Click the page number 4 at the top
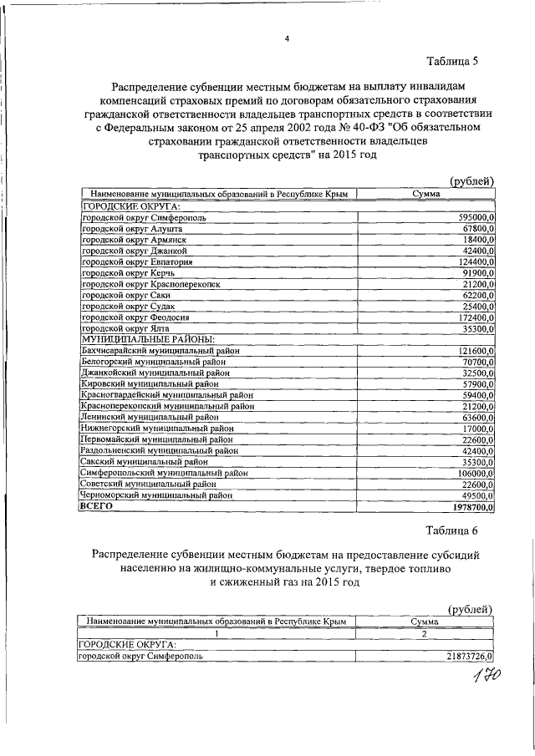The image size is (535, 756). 286,38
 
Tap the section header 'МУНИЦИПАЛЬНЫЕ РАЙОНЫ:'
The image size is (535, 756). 147,340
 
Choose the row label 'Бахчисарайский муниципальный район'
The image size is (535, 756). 159,351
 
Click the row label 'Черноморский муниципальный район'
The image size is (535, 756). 155,494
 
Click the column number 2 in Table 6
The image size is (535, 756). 424,633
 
